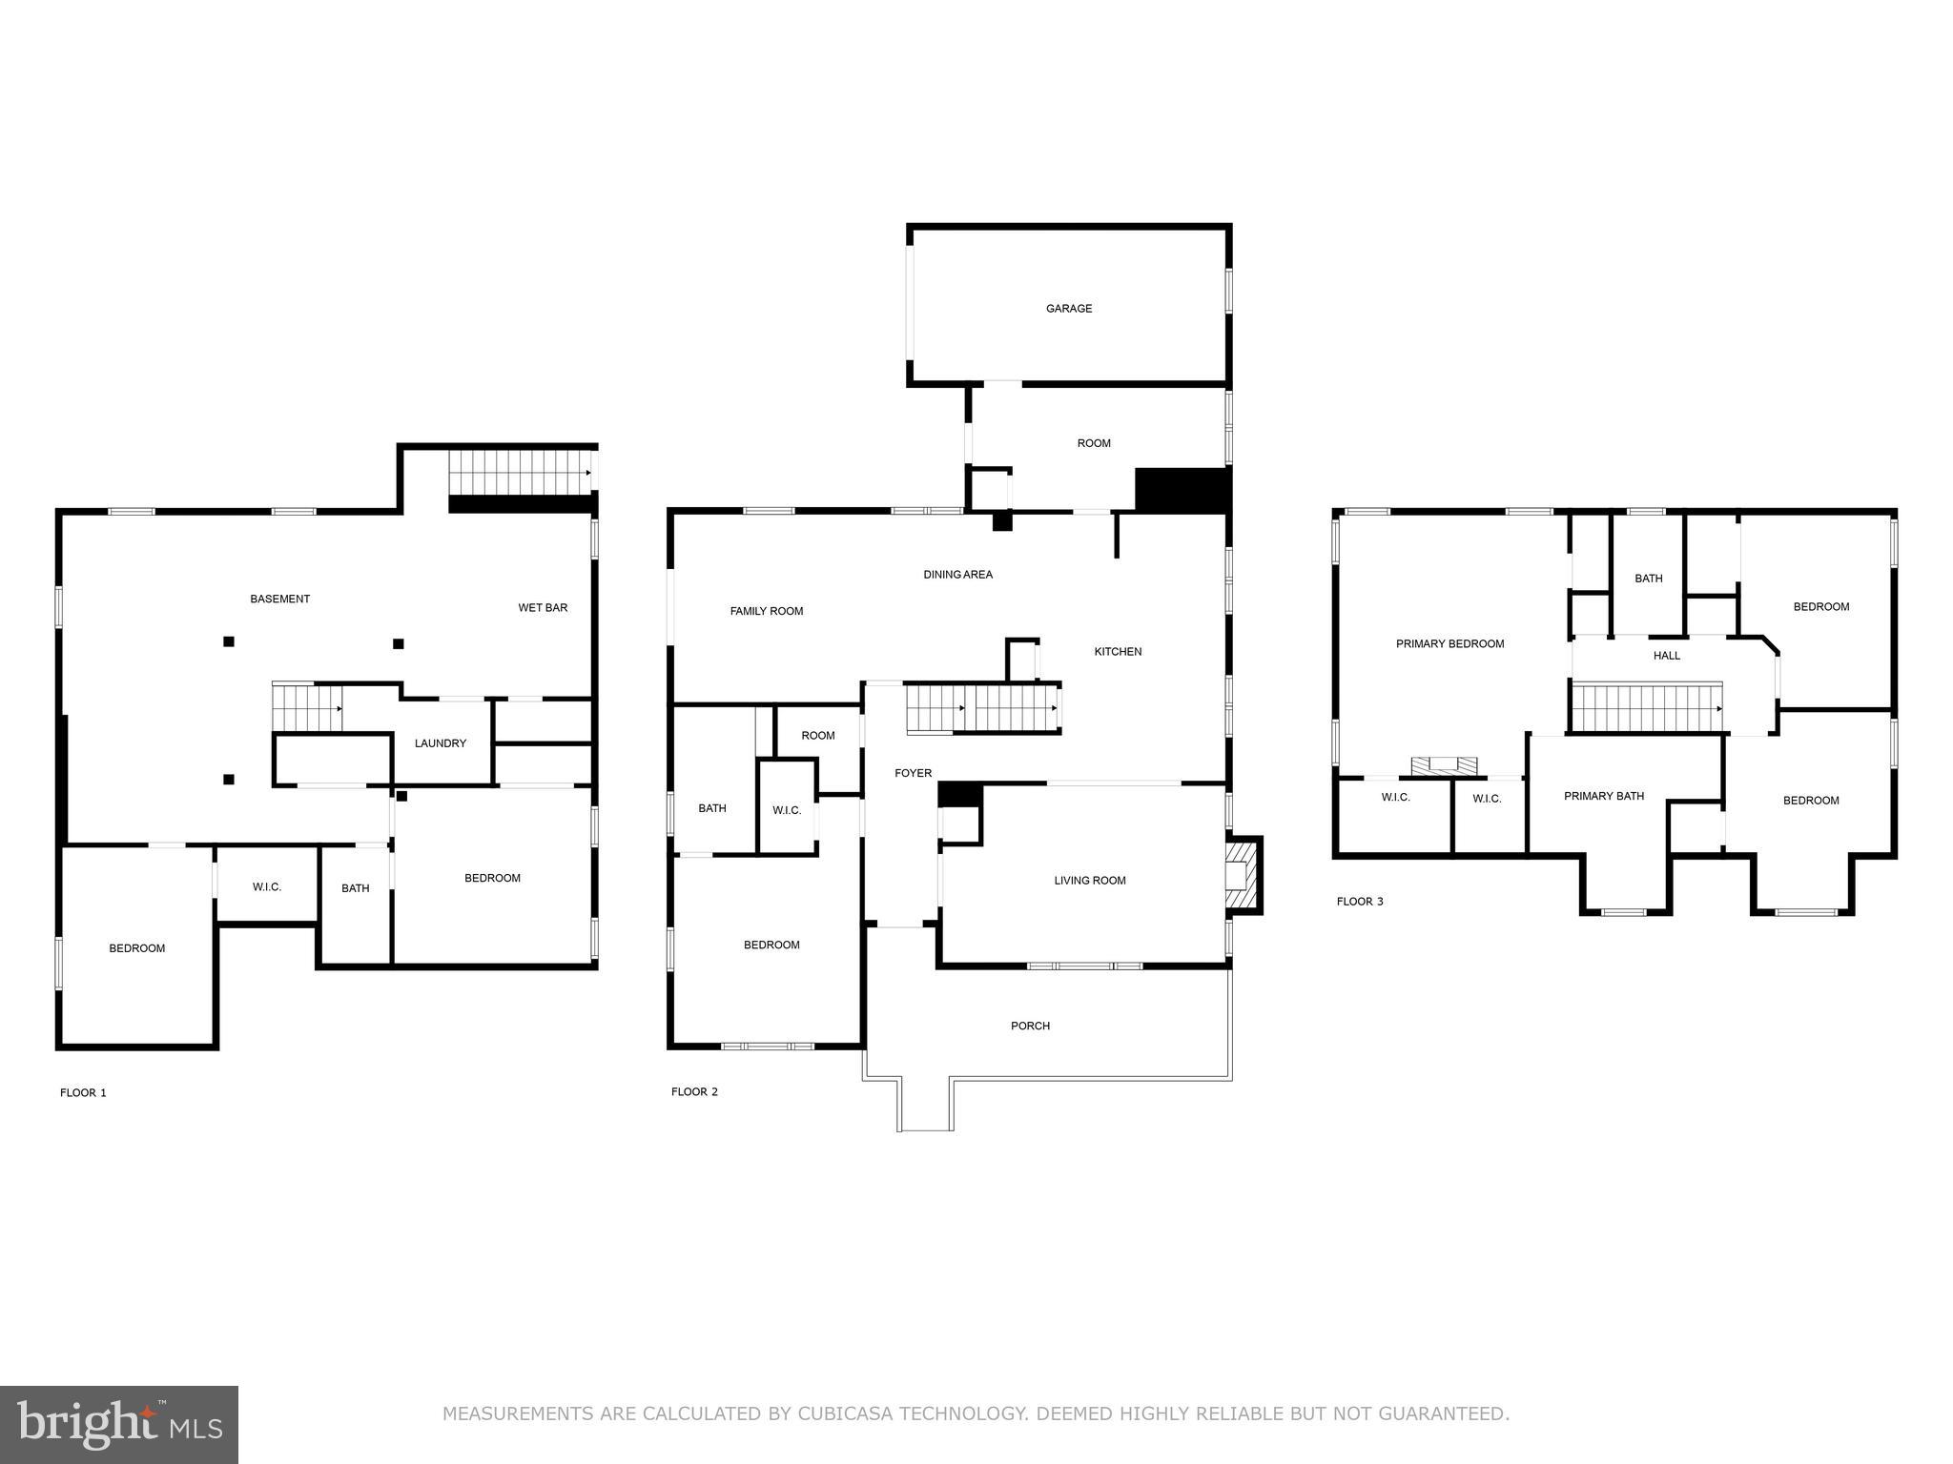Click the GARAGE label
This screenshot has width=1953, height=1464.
(1068, 309)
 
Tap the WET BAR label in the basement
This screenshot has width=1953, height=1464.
(543, 608)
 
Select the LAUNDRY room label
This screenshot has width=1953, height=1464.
(440, 743)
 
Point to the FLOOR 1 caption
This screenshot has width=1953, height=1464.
(83, 1092)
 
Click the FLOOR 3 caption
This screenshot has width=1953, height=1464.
(1359, 902)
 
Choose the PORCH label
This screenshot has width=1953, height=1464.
(1030, 1027)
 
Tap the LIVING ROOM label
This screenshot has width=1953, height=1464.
(1089, 881)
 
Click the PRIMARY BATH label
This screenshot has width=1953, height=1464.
(1603, 797)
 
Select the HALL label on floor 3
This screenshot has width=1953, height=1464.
(1666, 656)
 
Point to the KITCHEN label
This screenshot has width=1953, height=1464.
(1117, 652)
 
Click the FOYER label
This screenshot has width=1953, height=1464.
(913, 774)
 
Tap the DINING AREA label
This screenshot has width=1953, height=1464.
(957, 575)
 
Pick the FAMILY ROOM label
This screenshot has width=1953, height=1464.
(766, 612)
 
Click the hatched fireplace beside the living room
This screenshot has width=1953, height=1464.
(1241, 875)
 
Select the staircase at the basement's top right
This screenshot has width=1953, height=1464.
(520, 473)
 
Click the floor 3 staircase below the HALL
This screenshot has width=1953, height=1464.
(1646, 708)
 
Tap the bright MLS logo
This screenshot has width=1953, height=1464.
(118, 1424)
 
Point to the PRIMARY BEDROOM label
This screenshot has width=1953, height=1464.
(1449, 644)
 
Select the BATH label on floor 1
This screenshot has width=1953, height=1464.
(355, 888)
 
